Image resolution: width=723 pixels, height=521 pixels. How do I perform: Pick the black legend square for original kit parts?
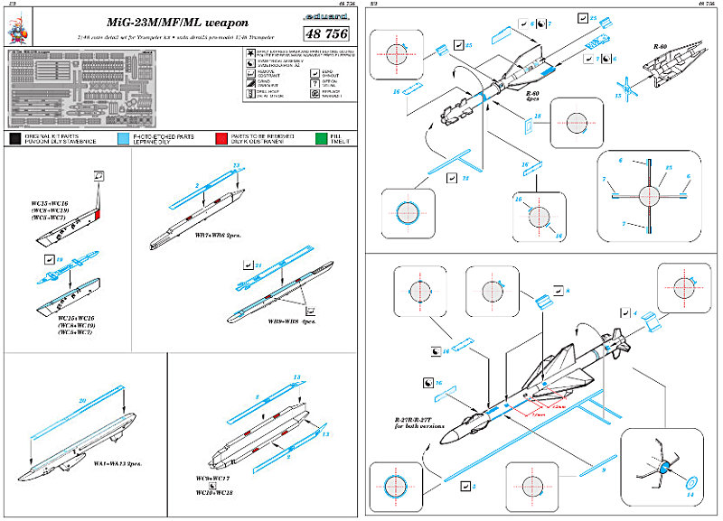[15, 138]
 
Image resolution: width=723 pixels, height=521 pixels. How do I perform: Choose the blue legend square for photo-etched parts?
[124, 138]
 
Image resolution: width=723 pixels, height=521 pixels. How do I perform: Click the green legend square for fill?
[313, 138]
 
